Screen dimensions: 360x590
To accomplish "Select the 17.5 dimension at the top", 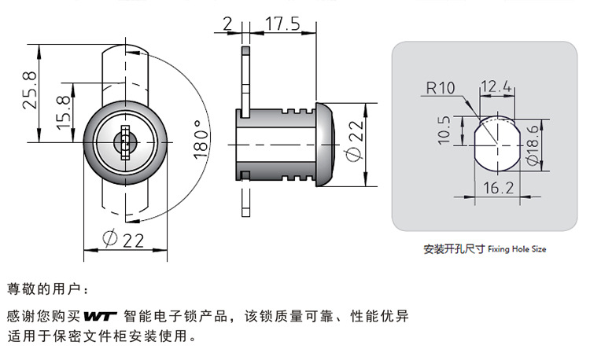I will pyautogui.click(x=281, y=24).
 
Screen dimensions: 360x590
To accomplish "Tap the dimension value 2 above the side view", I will pyautogui.click(x=227, y=24).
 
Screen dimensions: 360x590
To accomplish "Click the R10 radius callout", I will pyautogui.click(x=440, y=87).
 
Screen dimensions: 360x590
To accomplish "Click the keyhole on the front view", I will pyautogui.click(x=125, y=144).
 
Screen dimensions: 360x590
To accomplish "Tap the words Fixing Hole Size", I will pyautogui.click(x=516, y=249).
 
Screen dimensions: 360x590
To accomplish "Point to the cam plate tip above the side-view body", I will pyautogui.click(x=245, y=59).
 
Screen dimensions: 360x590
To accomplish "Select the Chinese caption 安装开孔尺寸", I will pyautogui.click(x=454, y=249).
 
